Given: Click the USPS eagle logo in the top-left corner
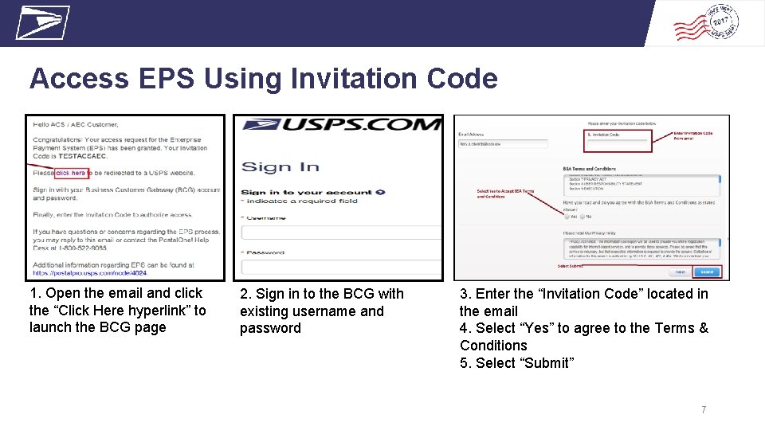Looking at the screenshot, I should coord(43,22).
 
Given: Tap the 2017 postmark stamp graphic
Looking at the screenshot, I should coord(705,24).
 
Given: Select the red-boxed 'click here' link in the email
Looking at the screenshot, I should coord(70,173).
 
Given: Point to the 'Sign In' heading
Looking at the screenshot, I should coord(280,167).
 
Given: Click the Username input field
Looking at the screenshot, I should coord(341,233).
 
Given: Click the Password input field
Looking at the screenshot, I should coord(341,268).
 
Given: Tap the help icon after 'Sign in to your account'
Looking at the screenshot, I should coord(381,192).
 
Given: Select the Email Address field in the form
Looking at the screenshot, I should coord(503,144).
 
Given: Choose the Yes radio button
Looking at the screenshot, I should coord(567,216).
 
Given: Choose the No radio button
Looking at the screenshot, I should coord(583,216).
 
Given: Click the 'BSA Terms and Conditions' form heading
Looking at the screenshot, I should coord(590,169).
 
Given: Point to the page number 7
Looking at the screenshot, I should coord(703,410).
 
